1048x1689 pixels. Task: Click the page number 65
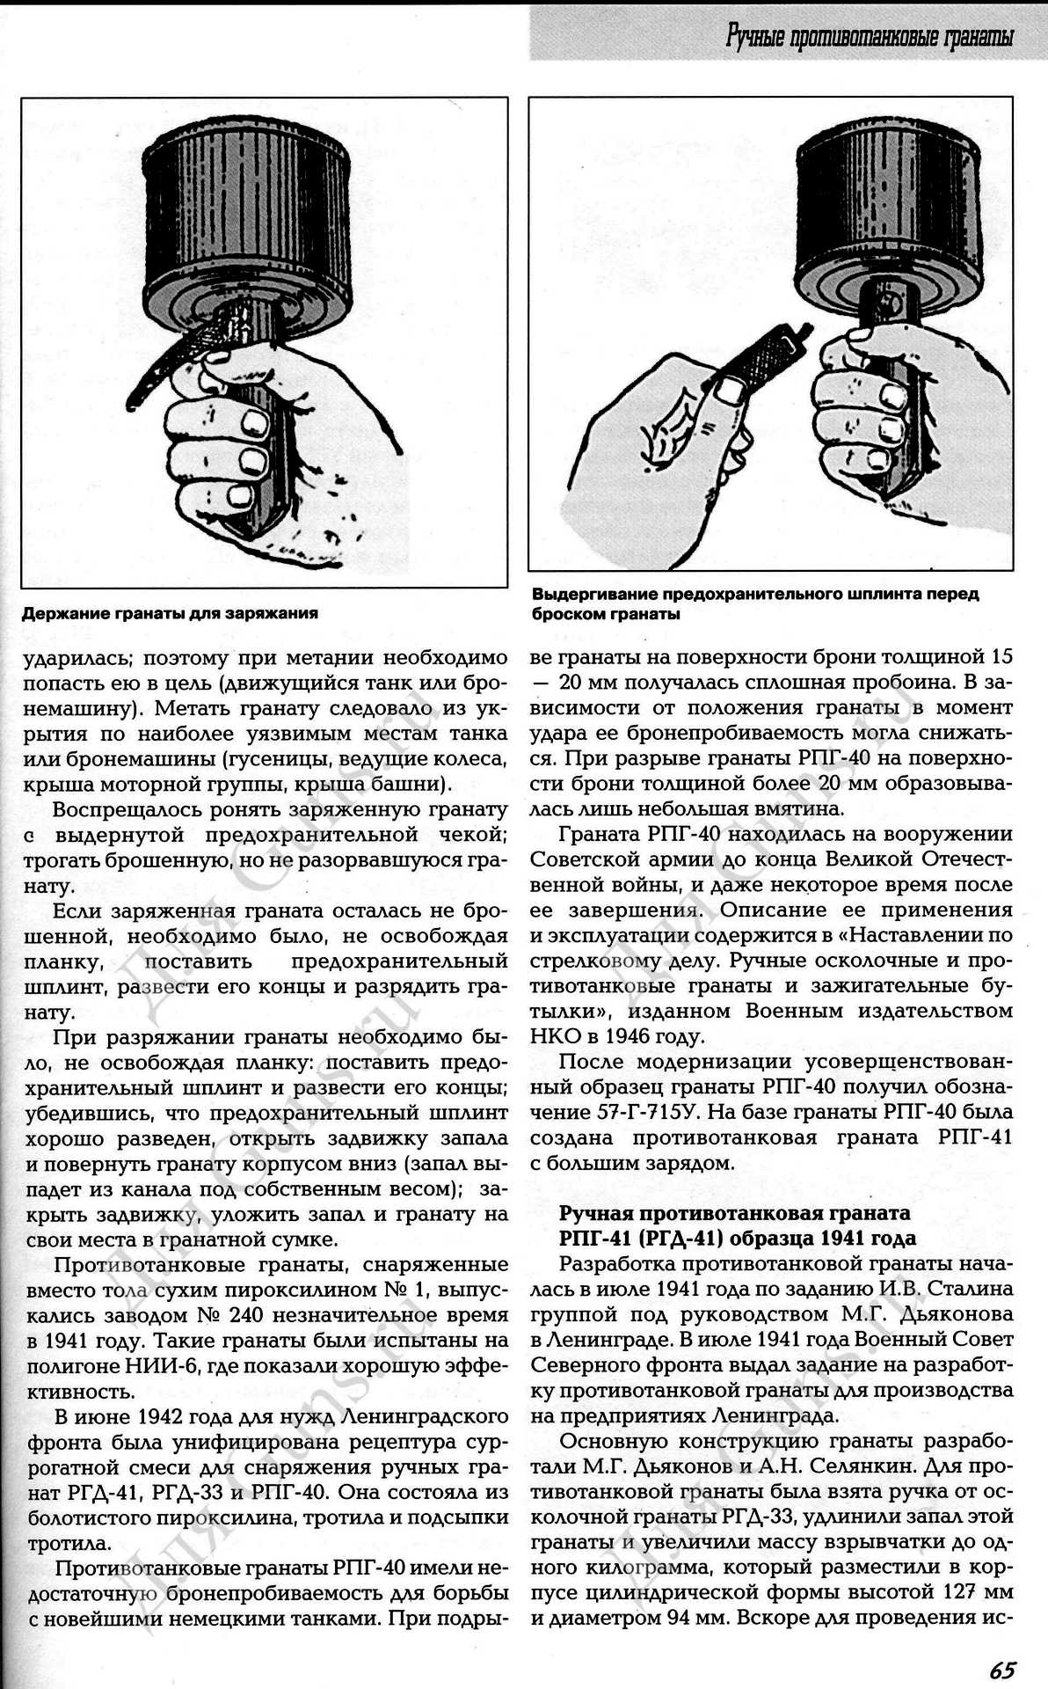tap(1002, 1668)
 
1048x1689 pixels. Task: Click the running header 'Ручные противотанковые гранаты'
tap(869, 36)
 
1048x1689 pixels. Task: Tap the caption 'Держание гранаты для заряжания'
tap(170, 613)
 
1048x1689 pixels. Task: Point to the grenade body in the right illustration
tap(887, 211)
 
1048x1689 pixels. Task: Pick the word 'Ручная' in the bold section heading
tap(593, 1214)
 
